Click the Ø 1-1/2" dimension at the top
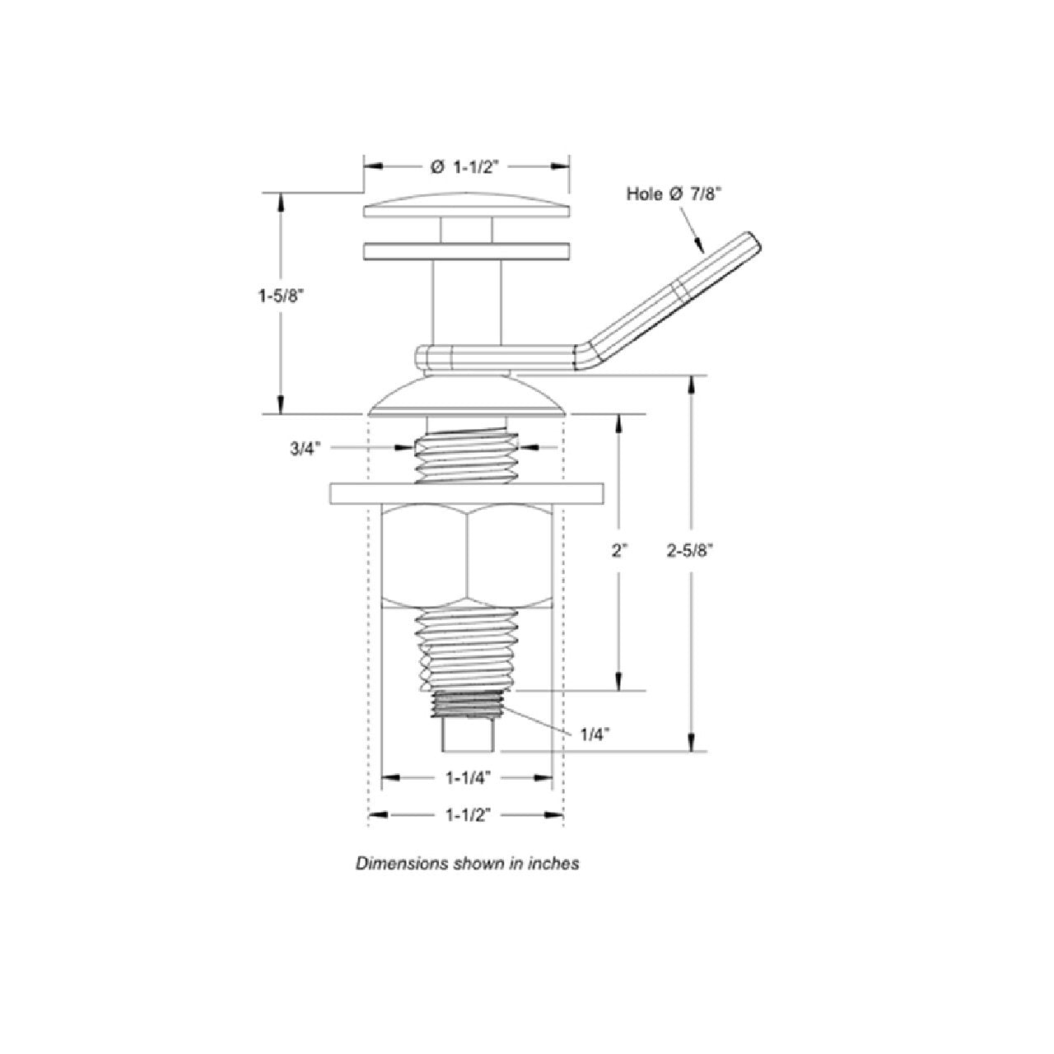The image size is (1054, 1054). pyautogui.click(x=466, y=167)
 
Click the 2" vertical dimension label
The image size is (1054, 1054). pyautogui.click(x=618, y=552)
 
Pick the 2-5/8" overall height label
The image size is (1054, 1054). pyautogui.click(x=690, y=552)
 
